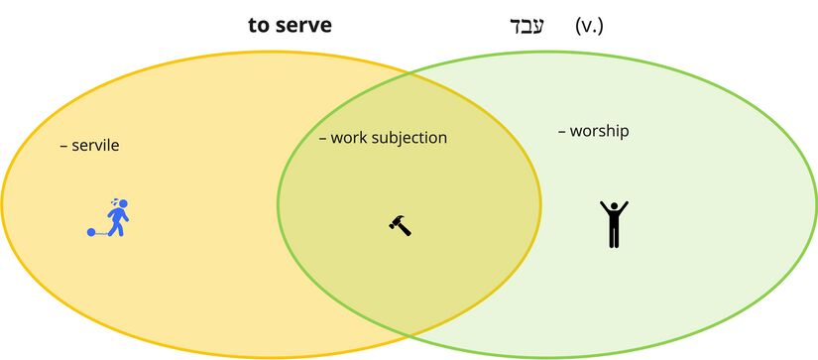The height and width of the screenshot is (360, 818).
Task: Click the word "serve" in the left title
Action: [303, 26]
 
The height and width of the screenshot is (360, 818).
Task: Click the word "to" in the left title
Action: [260, 26]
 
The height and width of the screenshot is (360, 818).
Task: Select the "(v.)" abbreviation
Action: [589, 25]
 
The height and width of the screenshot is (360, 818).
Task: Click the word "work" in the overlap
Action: [349, 138]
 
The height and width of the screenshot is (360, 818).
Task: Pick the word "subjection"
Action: [410, 138]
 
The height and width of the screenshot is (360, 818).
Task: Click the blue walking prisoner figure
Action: [117, 217]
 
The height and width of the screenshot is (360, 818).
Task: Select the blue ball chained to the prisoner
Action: [91, 233]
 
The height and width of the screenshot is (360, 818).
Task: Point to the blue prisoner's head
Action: [122, 204]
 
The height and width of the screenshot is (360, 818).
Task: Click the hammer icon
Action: [400, 224]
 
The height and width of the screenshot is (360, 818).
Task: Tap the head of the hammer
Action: [395, 220]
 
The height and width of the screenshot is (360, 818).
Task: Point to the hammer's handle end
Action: [409, 232]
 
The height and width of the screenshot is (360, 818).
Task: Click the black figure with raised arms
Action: [614, 223]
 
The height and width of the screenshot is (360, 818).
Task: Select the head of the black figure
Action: [614, 205]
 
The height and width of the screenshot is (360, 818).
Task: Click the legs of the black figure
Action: [614, 237]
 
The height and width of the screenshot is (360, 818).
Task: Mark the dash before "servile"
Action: [63, 146]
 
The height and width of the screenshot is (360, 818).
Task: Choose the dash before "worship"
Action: [561, 131]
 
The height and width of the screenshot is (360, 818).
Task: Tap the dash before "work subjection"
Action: [322, 138]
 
